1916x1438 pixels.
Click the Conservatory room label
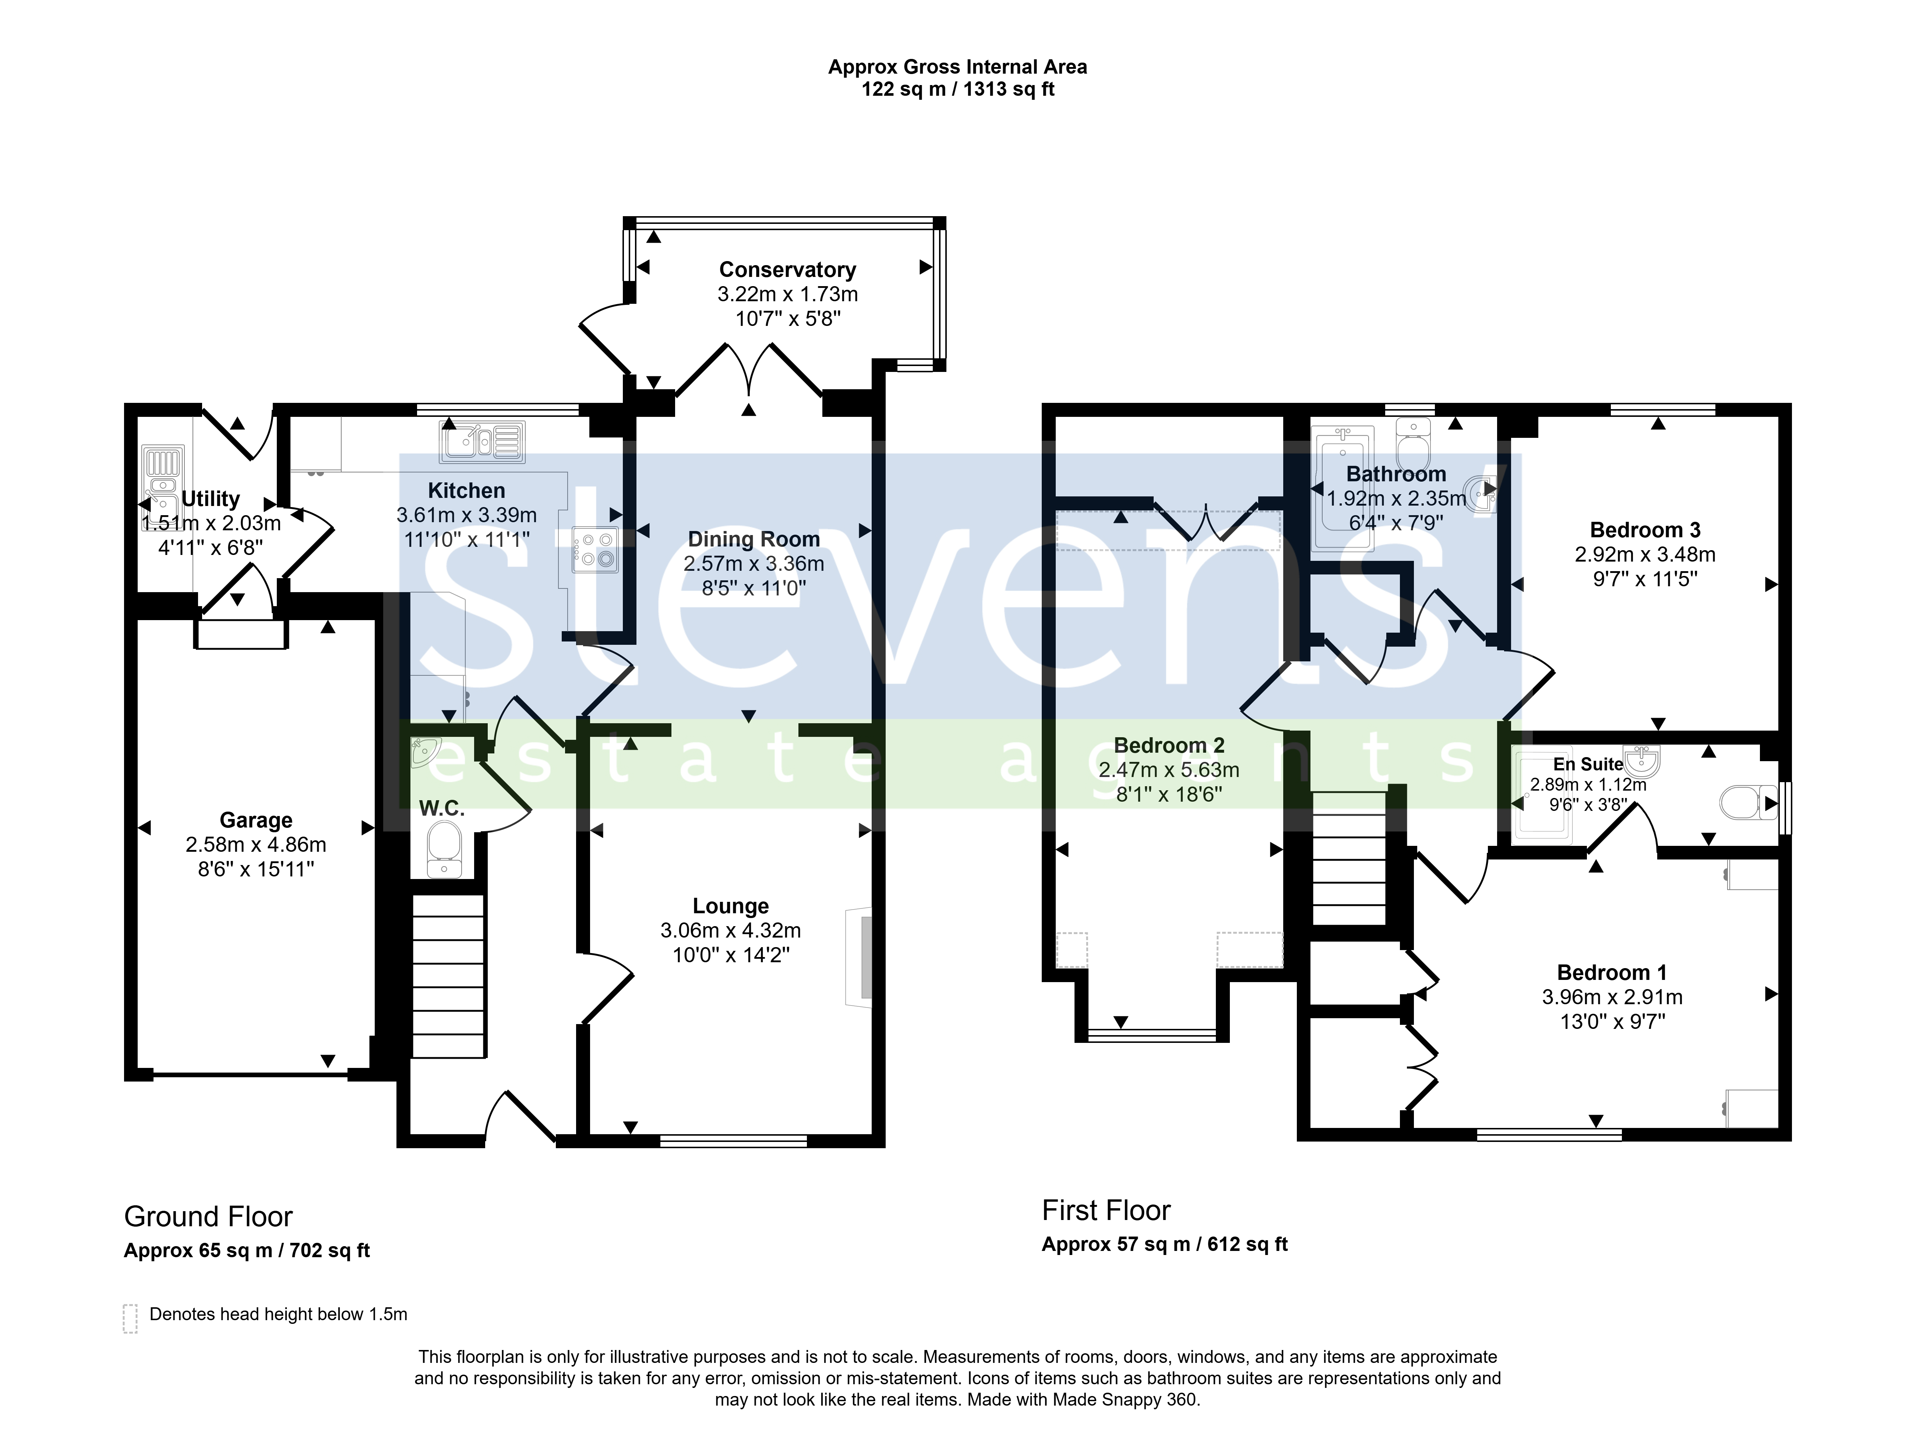(x=787, y=270)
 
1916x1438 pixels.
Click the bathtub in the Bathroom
(x=1344, y=488)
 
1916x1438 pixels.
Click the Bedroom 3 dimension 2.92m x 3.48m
(x=1645, y=555)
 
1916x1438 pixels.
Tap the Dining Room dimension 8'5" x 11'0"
(x=754, y=588)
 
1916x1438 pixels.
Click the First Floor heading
(x=1106, y=1210)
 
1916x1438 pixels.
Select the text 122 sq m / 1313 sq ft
(x=957, y=89)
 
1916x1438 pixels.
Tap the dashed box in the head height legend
(x=130, y=1318)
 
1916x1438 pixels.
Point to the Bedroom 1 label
(x=1611, y=972)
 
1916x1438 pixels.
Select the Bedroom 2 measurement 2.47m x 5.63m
(x=1168, y=769)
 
